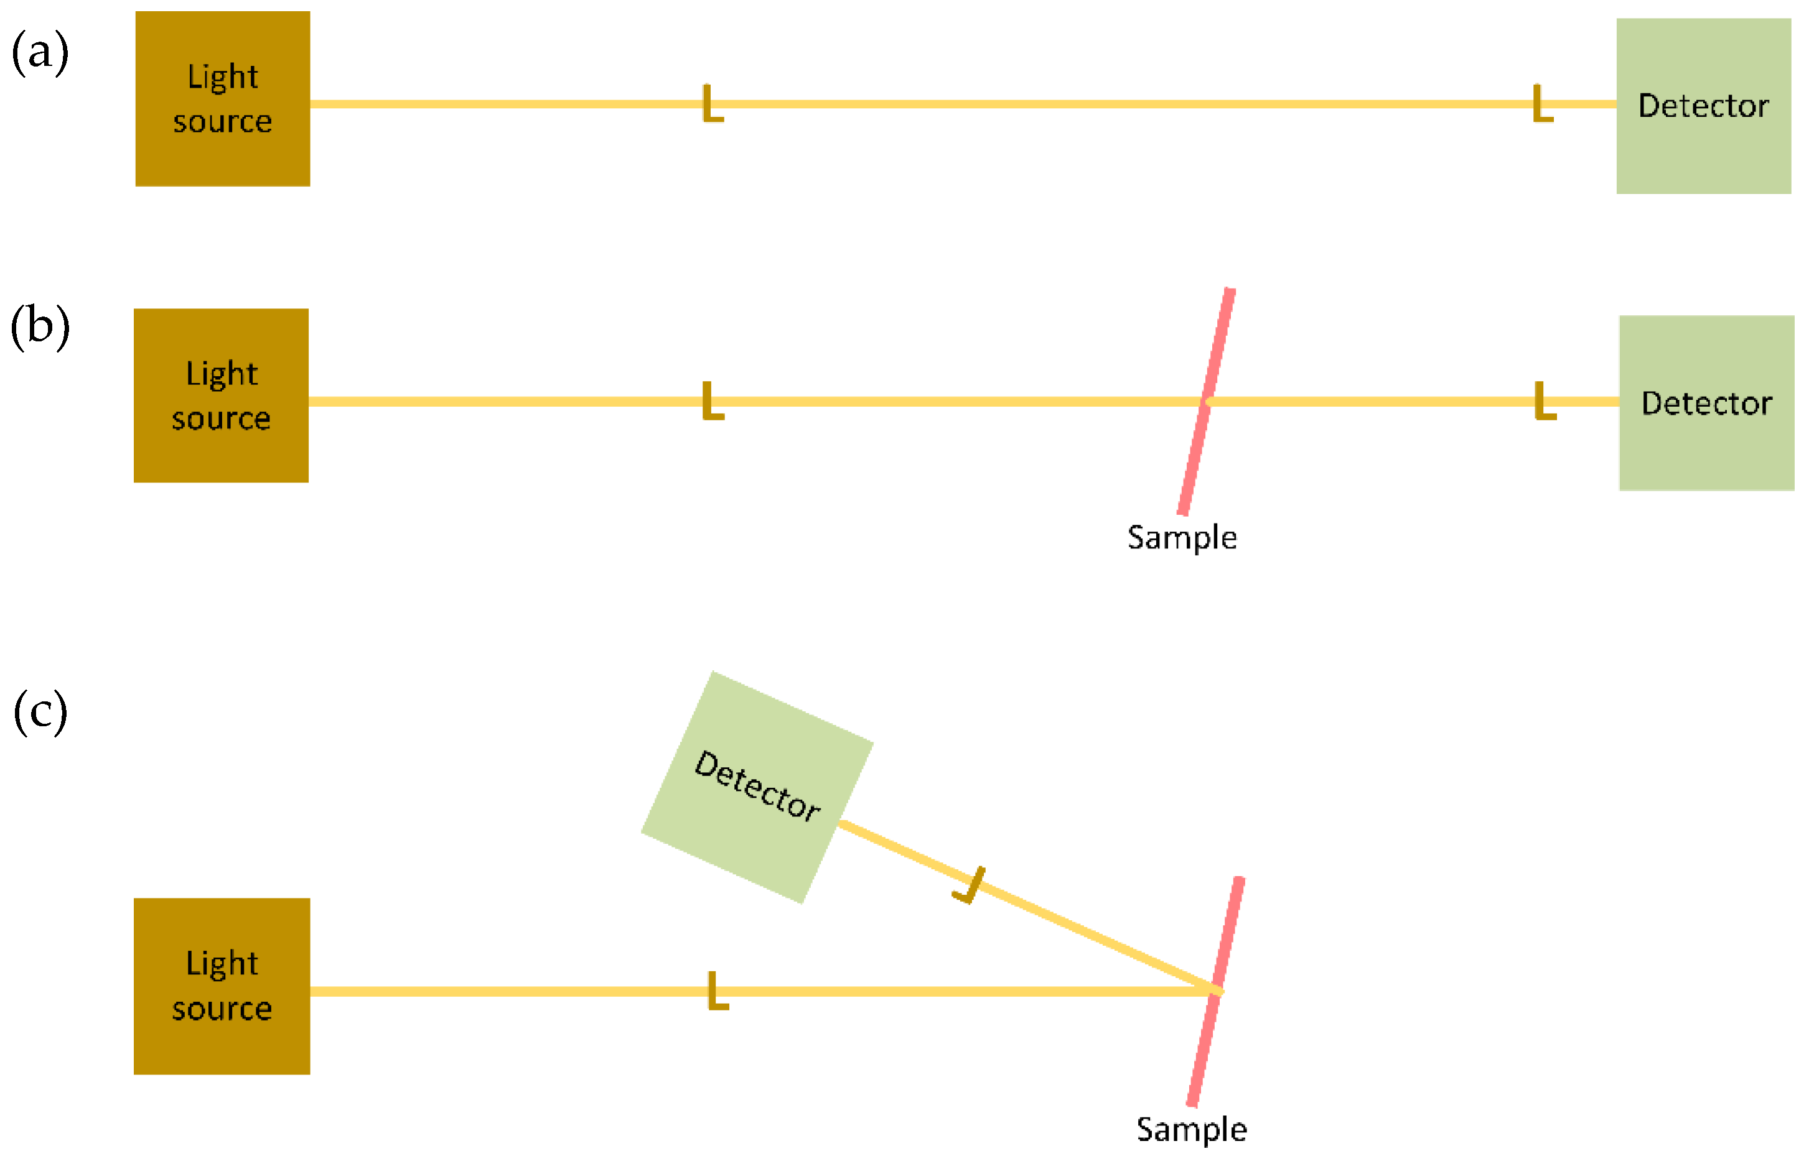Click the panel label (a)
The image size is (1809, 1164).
pyautogui.click(x=40, y=52)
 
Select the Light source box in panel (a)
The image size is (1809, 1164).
pyautogui.click(x=222, y=98)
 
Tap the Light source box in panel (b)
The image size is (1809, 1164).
pyautogui.click(x=221, y=395)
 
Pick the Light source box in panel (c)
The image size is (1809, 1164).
pyautogui.click(x=222, y=986)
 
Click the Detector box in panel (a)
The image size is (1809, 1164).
pyautogui.click(x=1703, y=106)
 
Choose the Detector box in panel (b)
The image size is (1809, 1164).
pyautogui.click(x=1706, y=403)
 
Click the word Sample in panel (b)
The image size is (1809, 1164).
pyautogui.click(x=1181, y=537)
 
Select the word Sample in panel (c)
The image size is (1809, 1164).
pyautogui.click(x=1191, y=1129)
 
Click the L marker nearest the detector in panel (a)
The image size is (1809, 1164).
pyautogui.click(x=1541, y=104)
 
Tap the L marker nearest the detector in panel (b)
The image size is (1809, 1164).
pyautogui.click(x=1543, y=400)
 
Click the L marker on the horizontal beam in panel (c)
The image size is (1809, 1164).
pyautogui.click(x=716, y=991)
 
